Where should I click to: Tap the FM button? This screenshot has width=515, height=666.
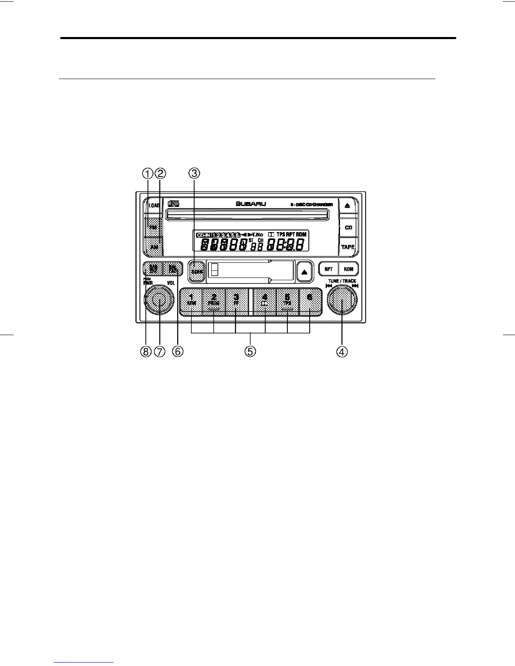pos(153,227)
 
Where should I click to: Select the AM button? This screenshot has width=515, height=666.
pos(154,247)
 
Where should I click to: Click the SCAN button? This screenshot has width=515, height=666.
pos(196,271)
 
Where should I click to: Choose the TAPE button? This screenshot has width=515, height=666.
pos(348,247)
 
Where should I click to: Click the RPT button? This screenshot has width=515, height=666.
pos(329,269)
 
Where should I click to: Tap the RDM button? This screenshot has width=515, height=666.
pos(348,269)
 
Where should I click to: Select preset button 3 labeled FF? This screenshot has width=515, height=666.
pos(236,301)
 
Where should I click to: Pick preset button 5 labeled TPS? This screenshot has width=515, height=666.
pos(287,301)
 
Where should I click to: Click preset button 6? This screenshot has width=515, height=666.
pos(310,301)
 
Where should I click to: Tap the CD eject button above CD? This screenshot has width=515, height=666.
pos(348,206)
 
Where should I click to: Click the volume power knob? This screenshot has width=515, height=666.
pos(159,299)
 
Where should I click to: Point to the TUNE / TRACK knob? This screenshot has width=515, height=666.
pos(342,299)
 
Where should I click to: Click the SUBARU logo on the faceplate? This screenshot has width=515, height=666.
pos(251,204)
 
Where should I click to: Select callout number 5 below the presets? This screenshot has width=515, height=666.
pos(250,351)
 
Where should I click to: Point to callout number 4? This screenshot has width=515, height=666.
pos(342,351)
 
